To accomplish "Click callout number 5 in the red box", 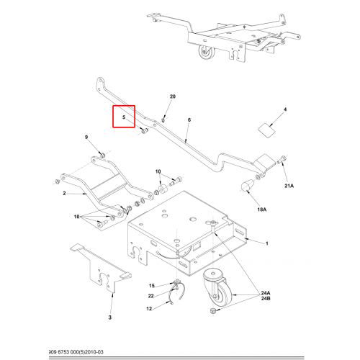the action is click(x=124, y=117).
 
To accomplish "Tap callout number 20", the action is click(x=173, y=96).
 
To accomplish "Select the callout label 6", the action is click(x=189, y=120).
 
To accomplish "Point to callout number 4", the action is click(x=285, y=109).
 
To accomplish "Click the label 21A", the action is click(x=289, y=186).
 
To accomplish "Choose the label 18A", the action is click(x=262, y=210).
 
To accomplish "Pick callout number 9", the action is click(x=86, y=137).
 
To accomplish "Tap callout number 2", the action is click(x=64, y=193).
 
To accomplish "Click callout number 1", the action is click(x=266, y=243).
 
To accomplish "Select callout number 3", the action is click(x=110, y=318).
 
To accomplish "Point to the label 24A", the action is click(x=266, y=293).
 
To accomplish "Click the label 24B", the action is click(x=266, y=298).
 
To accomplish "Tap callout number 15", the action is click(x=152, y=286).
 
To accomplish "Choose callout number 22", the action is click(x=150, y=296).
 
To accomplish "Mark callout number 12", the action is click(x=149, y=309).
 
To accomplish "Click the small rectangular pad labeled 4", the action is click(x=266, y=130).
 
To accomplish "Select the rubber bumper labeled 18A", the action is click(x=247, y=186).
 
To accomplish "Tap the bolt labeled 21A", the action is click(x=282, y=159).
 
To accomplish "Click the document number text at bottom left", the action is click(x=76, y=352).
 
